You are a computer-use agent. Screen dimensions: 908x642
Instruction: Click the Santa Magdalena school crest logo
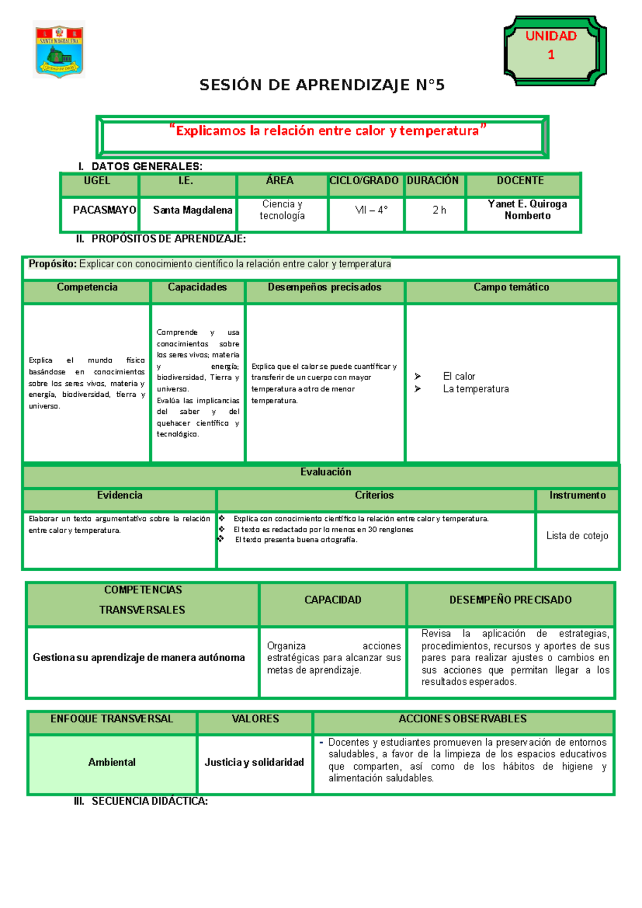pos(59,50)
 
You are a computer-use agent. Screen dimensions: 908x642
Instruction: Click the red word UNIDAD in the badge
pos(551,36)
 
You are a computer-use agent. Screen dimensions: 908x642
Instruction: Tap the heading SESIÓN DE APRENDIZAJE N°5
pos(322,85)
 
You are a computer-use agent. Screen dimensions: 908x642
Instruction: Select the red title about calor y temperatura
pos(327,131)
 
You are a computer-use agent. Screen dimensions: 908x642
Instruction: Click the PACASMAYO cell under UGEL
pos(104,210)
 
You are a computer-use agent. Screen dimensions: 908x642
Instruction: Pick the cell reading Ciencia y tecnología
pos(282,210)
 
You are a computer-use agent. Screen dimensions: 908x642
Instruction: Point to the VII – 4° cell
pos(371,210)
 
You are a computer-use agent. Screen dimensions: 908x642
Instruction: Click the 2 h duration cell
pos(439,210)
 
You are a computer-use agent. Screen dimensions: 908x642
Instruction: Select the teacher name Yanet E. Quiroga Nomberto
pos(527,210)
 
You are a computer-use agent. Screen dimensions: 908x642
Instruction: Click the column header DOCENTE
pos(520,180)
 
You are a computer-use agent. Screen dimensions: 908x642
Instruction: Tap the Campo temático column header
pos(511,287)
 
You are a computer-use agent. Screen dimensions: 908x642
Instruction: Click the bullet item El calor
pos(458,376)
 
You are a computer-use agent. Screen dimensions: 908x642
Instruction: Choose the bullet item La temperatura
pos(475,389)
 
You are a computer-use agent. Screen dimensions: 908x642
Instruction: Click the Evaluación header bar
pos(325,472)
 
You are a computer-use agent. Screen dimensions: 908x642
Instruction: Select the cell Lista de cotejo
pos(577,535)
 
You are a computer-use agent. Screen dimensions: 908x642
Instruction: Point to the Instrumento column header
pos(577,496)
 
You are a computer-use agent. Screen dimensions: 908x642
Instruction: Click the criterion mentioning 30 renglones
pos(323,529)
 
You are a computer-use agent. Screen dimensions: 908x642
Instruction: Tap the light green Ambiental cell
pos(112,762)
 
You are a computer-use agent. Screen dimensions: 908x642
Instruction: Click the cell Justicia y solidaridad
pos(254,762)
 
